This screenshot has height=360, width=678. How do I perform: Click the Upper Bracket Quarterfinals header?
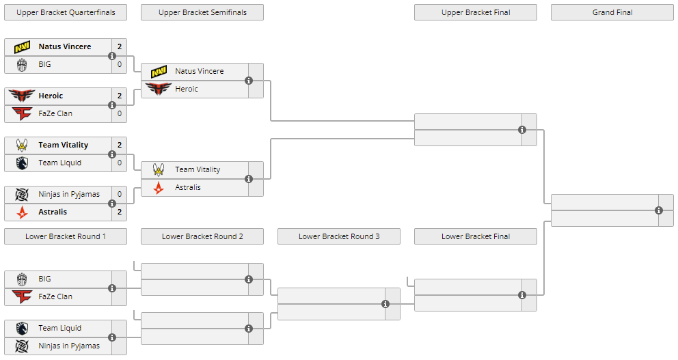click(x=66, y=12)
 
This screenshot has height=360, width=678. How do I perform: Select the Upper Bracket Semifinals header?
click(x=202, y=12)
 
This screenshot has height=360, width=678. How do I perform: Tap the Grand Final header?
click(x=612, y=12)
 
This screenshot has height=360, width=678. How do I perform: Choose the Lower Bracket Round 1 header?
click(x=66, y=236)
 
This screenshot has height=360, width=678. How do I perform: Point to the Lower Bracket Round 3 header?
click(x=339, y=236)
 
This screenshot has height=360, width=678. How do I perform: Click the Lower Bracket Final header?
click(x=476, y=236)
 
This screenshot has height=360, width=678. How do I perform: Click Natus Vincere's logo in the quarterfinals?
click(x=22, y=47)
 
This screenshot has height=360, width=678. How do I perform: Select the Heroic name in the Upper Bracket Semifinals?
click(x=187, y=89)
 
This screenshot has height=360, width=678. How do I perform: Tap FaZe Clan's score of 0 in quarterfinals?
click(x=120, y=113)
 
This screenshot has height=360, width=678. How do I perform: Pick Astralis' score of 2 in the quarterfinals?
click(x=120, y=212)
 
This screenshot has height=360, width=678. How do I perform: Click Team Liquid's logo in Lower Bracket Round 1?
click(x=22, y=329)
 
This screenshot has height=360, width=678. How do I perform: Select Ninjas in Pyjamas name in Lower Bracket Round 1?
click(x=69, y=346)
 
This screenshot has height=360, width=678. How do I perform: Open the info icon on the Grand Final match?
click(x=659, y=210)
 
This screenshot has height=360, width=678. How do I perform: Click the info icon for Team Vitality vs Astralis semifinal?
click(x=249, y=179)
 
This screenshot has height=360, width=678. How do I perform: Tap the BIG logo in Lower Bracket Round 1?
click(x=22, y=279)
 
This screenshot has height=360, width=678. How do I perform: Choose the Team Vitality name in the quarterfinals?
click(x=64, y=145)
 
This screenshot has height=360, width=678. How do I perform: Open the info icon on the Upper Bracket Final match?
click(x=522, y=130)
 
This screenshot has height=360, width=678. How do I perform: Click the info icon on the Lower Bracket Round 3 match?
click(x=385, y=304)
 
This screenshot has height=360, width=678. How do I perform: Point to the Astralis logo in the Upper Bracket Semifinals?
click(x=159, y=188)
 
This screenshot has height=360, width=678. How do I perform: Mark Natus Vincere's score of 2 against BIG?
click(x=120, y=47)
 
